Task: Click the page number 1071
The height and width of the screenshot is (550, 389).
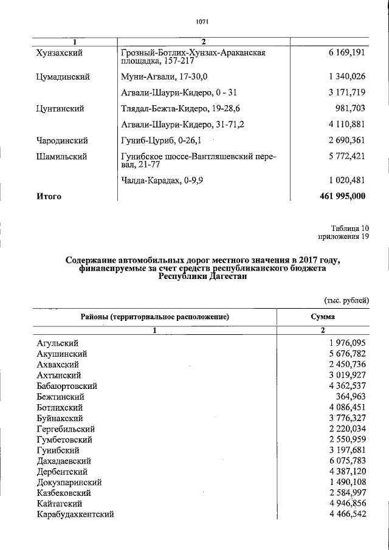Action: coord(202,22)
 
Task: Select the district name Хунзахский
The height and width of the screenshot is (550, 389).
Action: coord(60,53)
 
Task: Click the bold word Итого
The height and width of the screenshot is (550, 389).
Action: coord(49,196)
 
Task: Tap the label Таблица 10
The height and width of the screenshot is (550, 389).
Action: coord(350,228)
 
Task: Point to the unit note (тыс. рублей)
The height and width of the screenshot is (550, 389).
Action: coord(345,300)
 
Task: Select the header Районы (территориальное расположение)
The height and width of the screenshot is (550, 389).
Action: coord(154,317)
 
